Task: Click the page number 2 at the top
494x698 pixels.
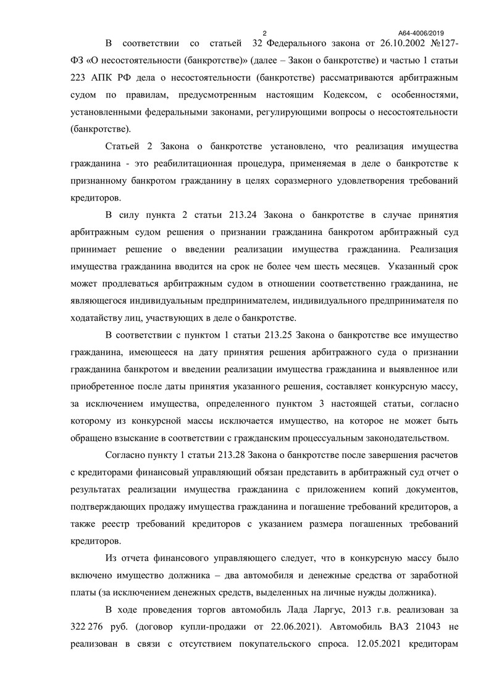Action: pos(264,33)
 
